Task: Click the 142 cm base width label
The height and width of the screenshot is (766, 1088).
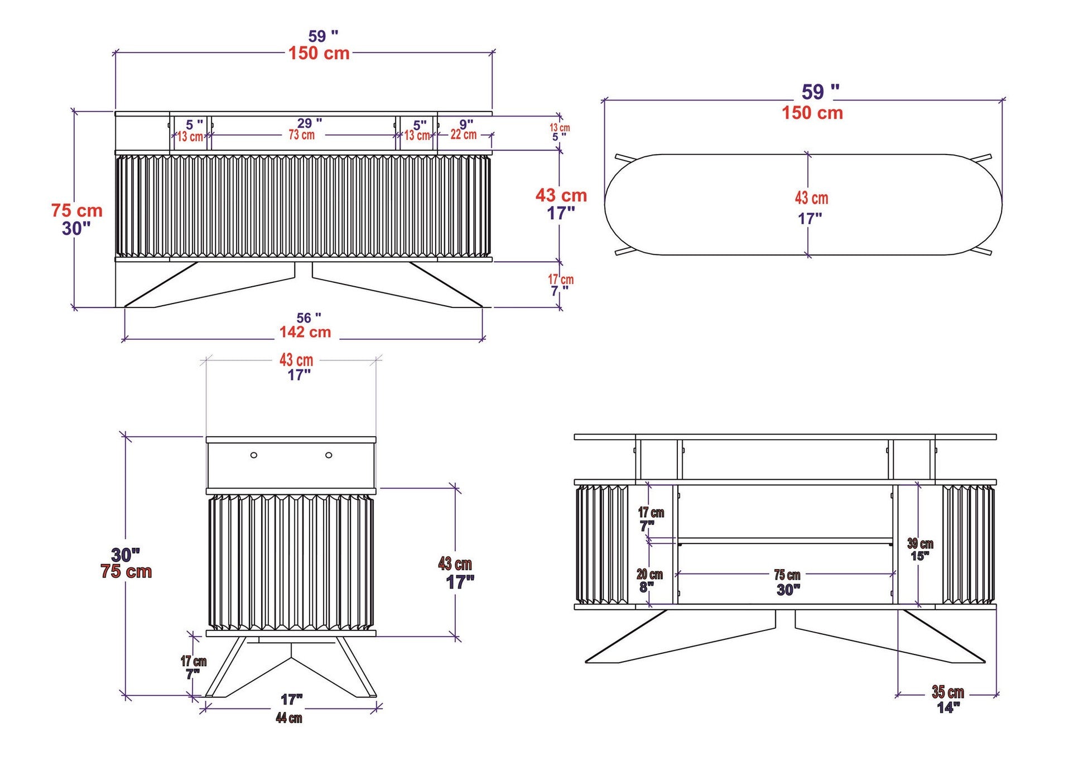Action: pyautogui.click(x=305, y=332)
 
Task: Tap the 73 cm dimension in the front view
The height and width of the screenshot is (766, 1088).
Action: pyautogui.click(x=301, y=135)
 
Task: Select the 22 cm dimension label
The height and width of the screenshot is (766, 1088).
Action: pyautogui.click(x=463, y=134)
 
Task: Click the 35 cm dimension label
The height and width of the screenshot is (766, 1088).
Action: pyautogui.click(x=948, y=692)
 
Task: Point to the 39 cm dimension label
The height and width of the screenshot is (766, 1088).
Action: pyautogui.click(x=920, y=543)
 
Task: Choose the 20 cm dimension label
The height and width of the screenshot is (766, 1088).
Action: pyautogui.click(x=649, y=574)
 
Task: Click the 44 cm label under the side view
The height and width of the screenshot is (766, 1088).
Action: pyautogui.click(x=289, y=718)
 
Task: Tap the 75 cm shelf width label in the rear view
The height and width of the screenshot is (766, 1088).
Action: pyautogui.click(x=787, y=575)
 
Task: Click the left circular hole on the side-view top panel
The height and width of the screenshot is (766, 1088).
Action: pyautogui.click(x=254, y=455)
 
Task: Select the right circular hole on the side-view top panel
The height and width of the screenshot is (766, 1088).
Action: pyautogui.click(x=329, y=455)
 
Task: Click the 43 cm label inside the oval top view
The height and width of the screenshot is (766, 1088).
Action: pyautogui.click(x=811, y=198)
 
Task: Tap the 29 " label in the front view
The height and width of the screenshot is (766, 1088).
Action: pyautogui.click(x=309, y=123)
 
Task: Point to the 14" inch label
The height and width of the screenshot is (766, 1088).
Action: pyautogui.click(x=948, y=707)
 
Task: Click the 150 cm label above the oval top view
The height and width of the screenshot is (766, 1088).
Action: pyautogui.click(x=812, y=113)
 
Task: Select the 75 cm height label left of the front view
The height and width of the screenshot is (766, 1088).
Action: pyautogui.click(x=77, y=210)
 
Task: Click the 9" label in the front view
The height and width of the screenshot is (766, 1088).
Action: pyautogui.click(x=466, y=123)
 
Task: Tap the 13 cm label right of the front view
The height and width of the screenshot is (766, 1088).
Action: pyautogui.click(x=560, y=128)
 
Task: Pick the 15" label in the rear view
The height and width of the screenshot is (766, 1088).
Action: pyautogui.click(x=919, y=556)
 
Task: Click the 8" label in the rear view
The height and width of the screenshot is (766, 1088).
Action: pyautogui.click(x=646, y=587)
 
